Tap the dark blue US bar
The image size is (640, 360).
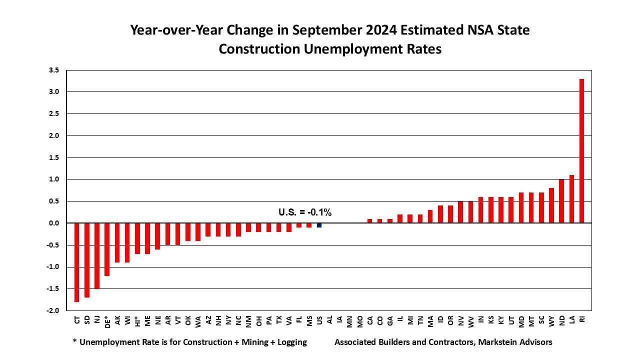click(x=319, y=225)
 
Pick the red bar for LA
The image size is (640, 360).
click(x=571, y=199)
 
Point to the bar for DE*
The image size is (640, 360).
click(x=107, y=249)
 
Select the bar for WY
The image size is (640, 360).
click(x=551, y=205)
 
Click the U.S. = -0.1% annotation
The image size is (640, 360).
click(x=305, y=212)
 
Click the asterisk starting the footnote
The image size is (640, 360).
click(x=75, y=341)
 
